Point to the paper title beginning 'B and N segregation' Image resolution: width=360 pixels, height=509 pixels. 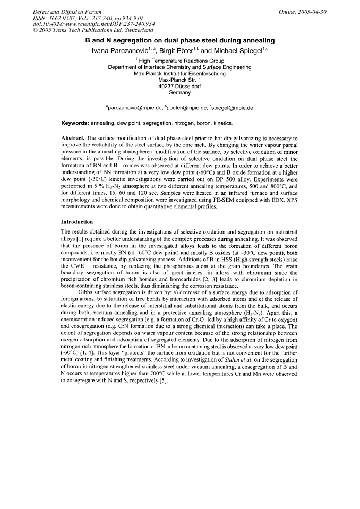pos(179,40)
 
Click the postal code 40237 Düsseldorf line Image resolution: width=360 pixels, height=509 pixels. pos(179,87)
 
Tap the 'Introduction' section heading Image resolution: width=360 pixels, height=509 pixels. pos(78,221)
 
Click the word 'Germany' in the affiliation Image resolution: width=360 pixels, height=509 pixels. pos(179,93)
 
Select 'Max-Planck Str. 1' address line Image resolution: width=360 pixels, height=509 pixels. pos(179,80)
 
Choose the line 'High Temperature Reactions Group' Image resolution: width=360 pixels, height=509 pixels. pos(181,61)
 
